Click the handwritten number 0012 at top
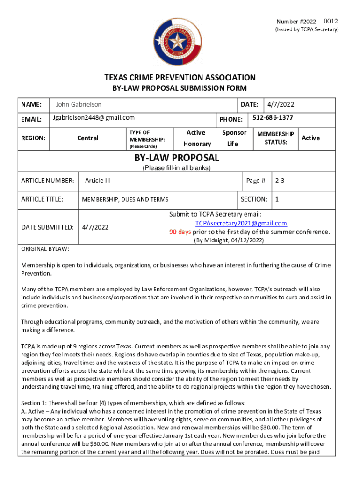pos(330,22)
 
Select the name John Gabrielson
pos(78,104)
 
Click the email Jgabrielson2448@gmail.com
pos(94,117)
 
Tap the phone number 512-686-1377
pos(273,118)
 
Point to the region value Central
pos(88,138)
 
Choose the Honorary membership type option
pos(197,144)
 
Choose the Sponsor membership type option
pos(234,133)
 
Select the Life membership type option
pos(232,144)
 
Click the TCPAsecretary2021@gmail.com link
pos(241,223)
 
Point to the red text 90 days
pos(180,232)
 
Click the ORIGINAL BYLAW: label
pos(45,249)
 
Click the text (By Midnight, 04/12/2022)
pos(229,240)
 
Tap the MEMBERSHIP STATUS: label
pos(275,138)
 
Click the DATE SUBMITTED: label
pos(47,227)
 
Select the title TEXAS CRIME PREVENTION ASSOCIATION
pos(180,78)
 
